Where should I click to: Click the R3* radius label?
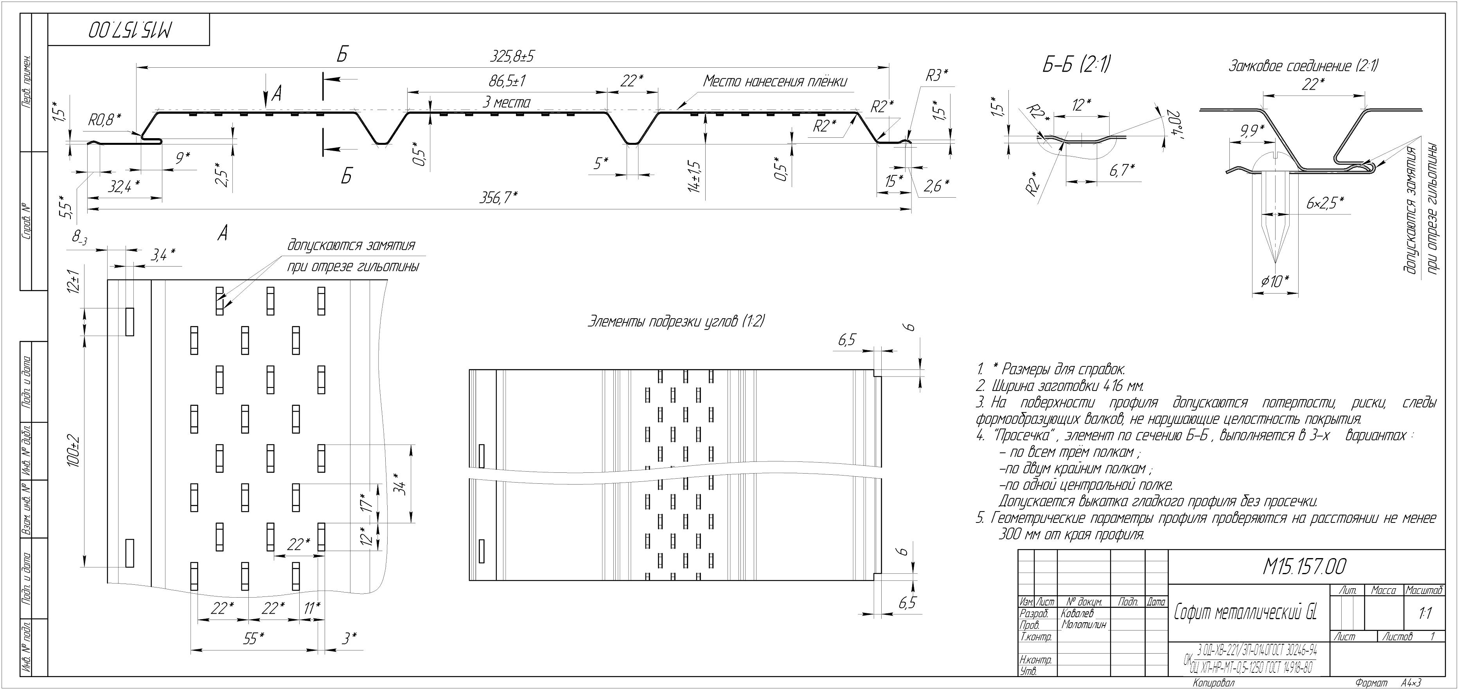tap(937, 76)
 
